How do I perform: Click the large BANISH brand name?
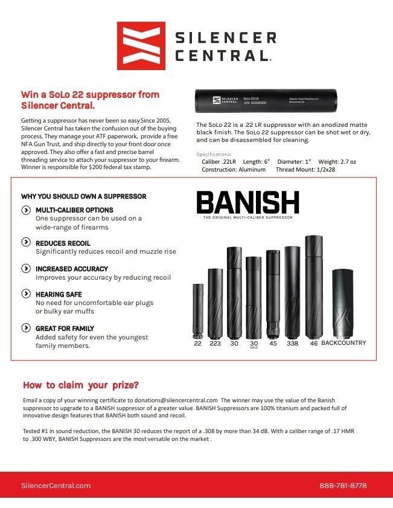[x=248, y=204]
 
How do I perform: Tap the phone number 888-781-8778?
[x=342, y=486]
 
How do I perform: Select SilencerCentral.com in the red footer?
[x=56, y=486]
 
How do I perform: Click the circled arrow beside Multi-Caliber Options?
[x=26, y=210]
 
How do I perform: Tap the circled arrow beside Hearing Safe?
[x=26, y=294]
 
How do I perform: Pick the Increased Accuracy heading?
[x=72, y=269]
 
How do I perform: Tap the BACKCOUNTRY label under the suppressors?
[x=343, y=343]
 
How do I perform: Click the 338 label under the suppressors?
[x=293, y=343]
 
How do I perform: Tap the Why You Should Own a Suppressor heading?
[x=83, y=196]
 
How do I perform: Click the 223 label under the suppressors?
[x=215, y=343]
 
